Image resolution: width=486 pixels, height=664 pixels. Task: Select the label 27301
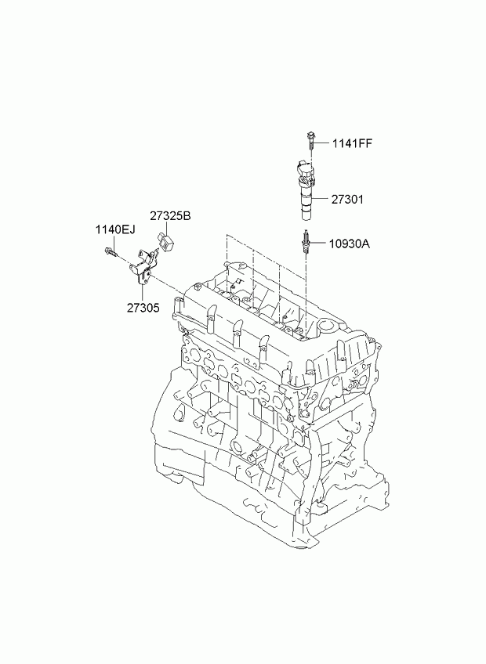pos(348,200)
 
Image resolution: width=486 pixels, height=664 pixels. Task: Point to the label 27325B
pos(170,216)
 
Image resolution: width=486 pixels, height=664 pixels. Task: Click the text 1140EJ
pos(116,229)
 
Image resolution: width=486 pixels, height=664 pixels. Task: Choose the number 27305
pos(143,308)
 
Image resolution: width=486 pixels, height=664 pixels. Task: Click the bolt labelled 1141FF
pos(311,142)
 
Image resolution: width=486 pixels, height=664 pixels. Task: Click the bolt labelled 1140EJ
pos(110,252)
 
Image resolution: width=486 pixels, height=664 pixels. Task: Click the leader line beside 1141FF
pos(323,143)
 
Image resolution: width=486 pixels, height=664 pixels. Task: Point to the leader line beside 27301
pos(323,200)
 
